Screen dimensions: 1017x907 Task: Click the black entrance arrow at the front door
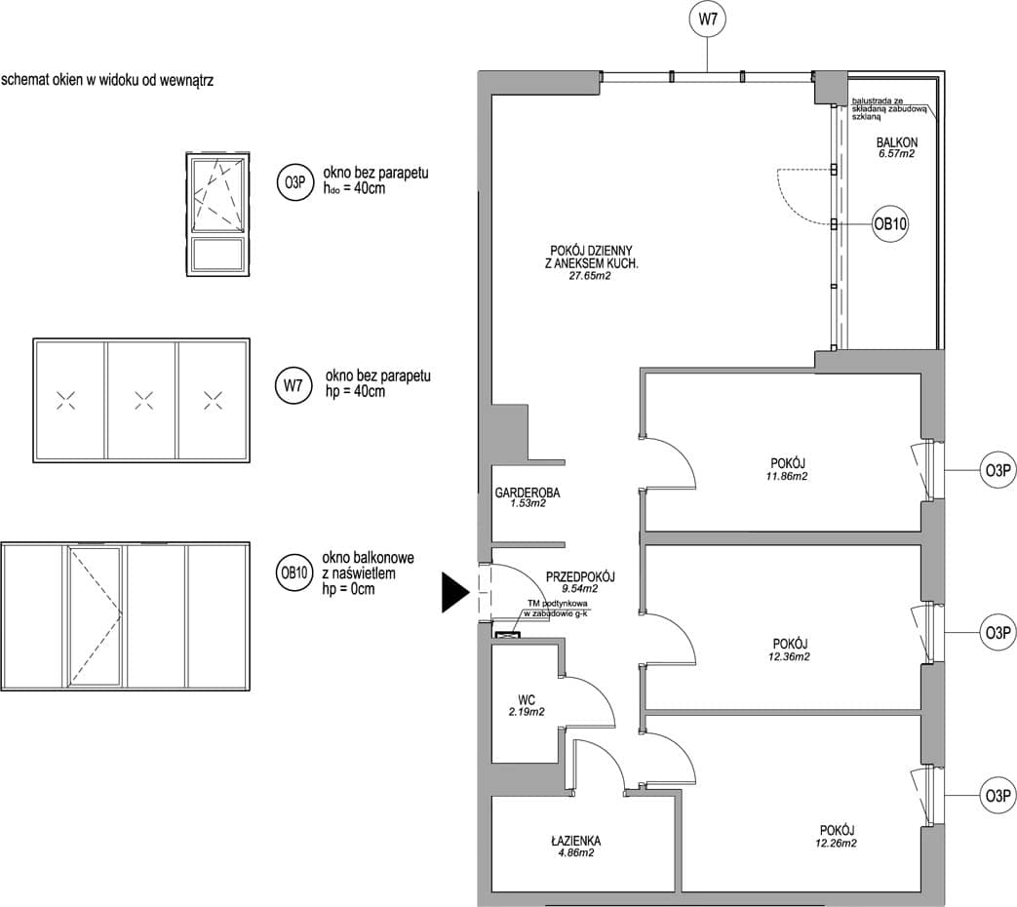coord(455,592)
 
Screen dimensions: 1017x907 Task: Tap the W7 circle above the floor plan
coord(708,20)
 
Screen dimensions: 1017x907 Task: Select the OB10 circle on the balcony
coord(890,224)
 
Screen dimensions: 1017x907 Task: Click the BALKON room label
coord(897,142)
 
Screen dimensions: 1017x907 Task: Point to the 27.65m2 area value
coord(590,276)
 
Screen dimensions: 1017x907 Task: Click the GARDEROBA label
coord(528,493)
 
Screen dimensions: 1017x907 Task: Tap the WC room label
coord(527,700)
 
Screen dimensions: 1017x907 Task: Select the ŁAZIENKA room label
coord(576,841)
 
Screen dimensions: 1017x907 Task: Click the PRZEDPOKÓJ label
coord(580,576)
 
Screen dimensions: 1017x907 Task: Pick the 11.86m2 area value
coord(788,476)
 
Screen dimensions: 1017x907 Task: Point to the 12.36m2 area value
coord(790,656)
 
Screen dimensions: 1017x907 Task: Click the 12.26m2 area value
coord(837,844)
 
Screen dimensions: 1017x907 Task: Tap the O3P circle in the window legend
coord(294,183)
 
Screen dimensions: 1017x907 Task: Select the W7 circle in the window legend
coord(293,385)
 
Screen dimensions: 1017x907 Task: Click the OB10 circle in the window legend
coord(293,573)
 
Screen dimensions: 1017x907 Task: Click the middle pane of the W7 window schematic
coord(142,400)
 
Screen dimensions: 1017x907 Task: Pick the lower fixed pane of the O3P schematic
coord(218,255)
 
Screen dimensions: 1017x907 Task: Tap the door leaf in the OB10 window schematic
coord(96,616)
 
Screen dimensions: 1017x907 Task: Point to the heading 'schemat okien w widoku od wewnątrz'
coord(107,80)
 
